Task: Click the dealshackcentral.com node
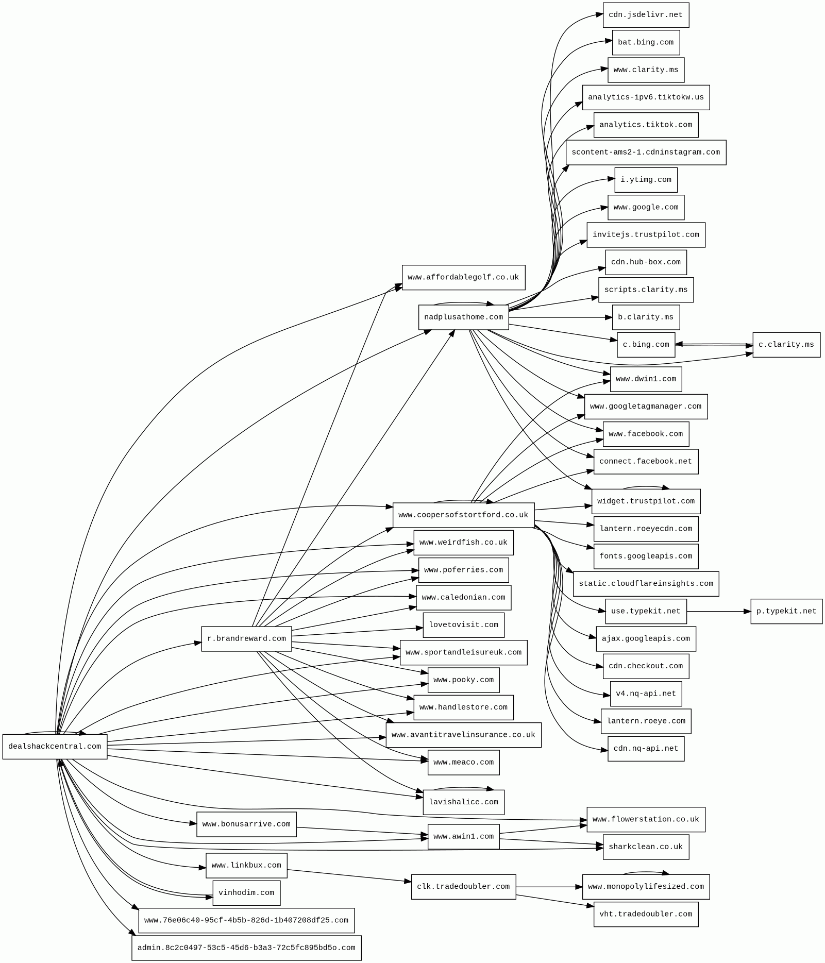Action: click(x=55, y=747)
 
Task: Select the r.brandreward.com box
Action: click(x=246, y=639)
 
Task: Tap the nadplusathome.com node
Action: click(x=463, y=317)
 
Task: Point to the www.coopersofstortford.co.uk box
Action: click(x=463, y=515)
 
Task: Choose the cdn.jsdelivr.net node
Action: click(x=645, y=15)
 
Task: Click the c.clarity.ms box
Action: click(x=786, y=345)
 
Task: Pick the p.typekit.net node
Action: click(x=786, y=612)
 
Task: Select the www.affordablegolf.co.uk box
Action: click(x=463, y=278)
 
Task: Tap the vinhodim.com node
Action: click(x=246, y=893)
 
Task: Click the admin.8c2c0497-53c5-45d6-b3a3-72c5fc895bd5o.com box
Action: click(x=246, y=948)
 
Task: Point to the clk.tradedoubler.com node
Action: click(x=463, y=887)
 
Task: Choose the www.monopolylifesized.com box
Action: click(x=646, y=887)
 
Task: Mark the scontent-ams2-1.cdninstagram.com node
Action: click(x=646, y=153)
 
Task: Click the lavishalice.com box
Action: click(x=463, y=802)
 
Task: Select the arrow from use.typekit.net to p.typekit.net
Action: click(x=718, y=612)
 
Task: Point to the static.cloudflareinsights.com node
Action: click(x=646, y=584)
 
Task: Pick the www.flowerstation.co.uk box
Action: click(x=646, y=819)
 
